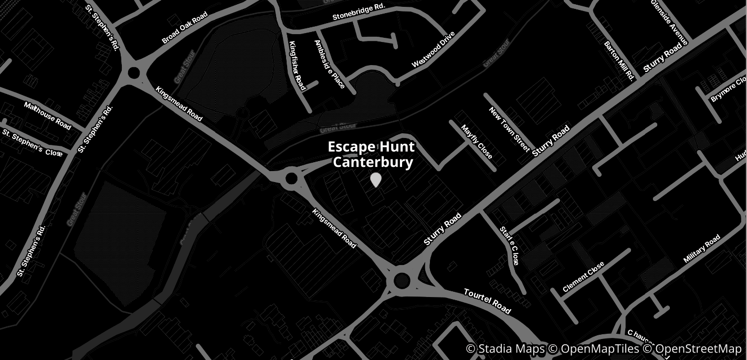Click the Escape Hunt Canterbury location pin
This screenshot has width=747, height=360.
375,179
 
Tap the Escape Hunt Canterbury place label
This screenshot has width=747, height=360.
372,154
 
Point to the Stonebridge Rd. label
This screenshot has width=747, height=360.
359,13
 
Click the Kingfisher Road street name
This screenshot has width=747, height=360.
297,66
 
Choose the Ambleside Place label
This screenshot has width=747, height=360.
329,65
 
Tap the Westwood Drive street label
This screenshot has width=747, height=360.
434,50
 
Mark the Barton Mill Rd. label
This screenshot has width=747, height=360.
619,61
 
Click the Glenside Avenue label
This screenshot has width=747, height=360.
669,22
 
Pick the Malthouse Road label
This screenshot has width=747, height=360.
47,116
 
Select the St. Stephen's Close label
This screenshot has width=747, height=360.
33,142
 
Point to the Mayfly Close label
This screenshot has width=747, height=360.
477,142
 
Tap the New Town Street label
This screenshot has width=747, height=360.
509,129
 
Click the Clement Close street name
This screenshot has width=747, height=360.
583,277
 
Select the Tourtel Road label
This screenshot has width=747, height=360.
487,301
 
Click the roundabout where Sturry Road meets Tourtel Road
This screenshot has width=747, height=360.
402,281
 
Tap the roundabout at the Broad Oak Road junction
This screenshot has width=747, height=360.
133,72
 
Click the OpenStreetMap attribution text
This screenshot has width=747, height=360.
692,349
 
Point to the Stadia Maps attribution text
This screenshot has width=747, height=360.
506,349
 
